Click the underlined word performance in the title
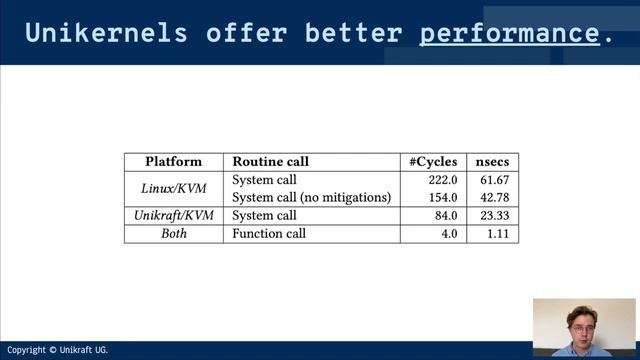tap(509, 33)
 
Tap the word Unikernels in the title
tap(106, 33)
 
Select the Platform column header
tap(173, 162)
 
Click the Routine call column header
tap(270, 162)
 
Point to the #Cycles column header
tap(433, 162)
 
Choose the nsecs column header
tap(492, 162)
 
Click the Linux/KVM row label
tap(173, 188)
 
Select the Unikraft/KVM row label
tap(173, 216)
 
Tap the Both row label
tap(173, 234)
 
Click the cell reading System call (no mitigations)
tap(311, 198)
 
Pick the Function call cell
tap(268, 234)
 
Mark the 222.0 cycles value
tap(441, 180)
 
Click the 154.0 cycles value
tap(441, 198)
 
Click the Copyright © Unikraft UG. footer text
tap(57, 350)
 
